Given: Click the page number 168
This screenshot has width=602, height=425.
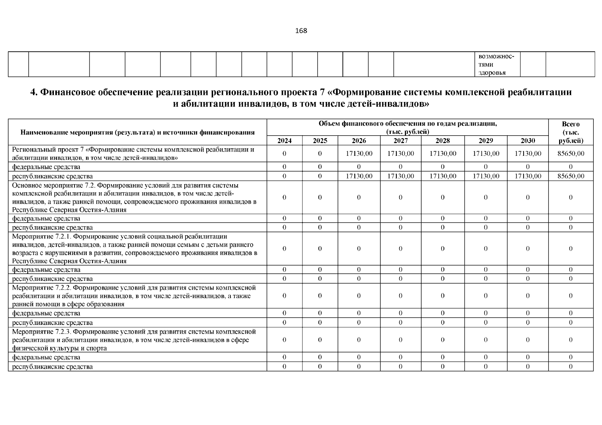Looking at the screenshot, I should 301,30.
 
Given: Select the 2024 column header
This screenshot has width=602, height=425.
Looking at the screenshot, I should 284,141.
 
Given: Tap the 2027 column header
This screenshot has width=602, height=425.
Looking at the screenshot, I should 401,141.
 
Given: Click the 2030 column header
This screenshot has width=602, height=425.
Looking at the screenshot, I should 528,141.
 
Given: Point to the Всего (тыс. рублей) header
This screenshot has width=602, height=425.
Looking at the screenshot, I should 570,132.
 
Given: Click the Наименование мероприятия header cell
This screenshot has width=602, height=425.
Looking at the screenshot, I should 138,132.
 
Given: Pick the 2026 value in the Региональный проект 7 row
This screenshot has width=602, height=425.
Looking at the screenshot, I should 359,153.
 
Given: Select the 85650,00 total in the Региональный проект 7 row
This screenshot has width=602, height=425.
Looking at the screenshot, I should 570,153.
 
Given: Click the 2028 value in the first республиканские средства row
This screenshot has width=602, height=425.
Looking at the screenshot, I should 442,176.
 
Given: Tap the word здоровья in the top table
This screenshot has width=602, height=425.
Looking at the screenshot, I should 492,73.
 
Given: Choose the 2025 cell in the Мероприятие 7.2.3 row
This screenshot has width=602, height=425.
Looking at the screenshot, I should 320,340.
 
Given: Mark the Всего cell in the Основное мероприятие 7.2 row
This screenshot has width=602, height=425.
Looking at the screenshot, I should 570,197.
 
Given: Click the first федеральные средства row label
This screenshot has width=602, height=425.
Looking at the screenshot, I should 46,166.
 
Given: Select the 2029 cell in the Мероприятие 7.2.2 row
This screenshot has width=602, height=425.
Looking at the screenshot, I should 485,295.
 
